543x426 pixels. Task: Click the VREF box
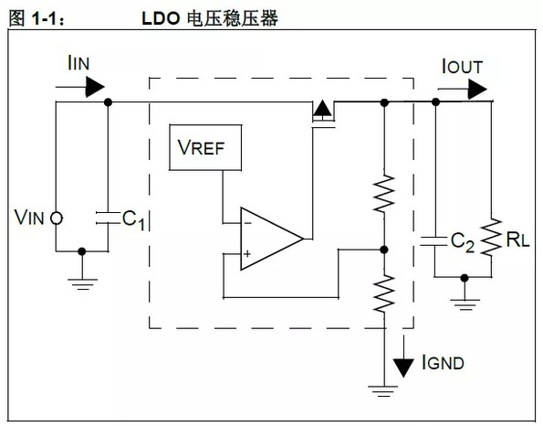206,148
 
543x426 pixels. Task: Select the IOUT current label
462,66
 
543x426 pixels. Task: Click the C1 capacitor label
133,219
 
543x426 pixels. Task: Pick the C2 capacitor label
462,241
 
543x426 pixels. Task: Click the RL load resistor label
517,241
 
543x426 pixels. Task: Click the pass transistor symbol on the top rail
322,112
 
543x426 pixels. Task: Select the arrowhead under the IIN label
91,86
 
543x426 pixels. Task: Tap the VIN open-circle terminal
56,218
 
